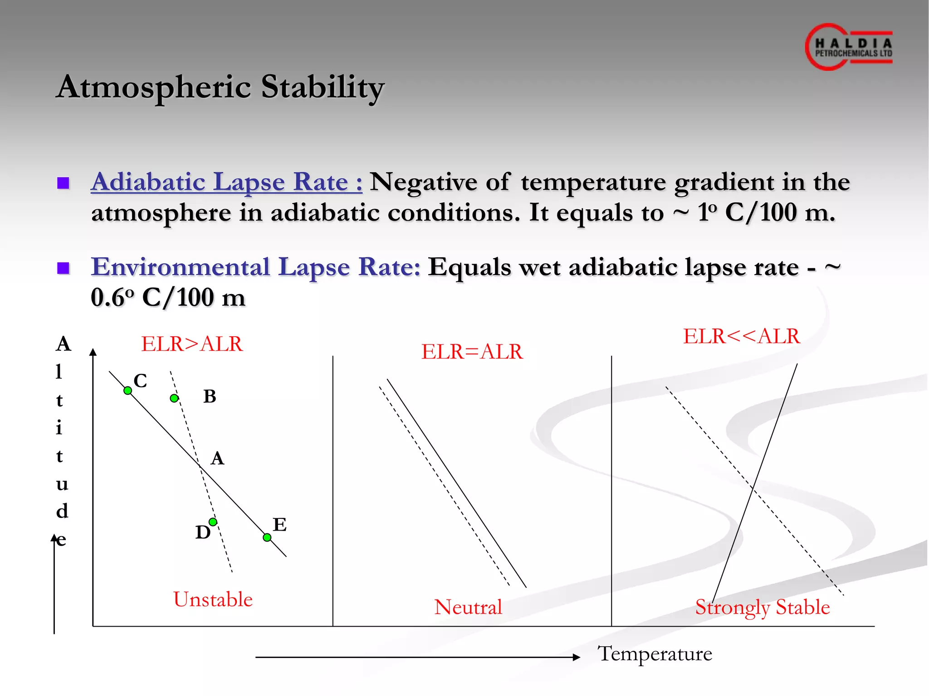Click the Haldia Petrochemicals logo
[849, 47]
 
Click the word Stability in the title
[322, 87]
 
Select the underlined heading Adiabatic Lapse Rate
[226, 182]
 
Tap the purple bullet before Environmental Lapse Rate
[63, 268]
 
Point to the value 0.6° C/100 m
[168, 298]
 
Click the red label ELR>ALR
[192, 344]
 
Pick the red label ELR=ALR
[472, 352]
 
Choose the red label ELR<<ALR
[742, 336]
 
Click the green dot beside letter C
[128, 391]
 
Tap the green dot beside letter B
[174, 398]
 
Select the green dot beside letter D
[213, 522]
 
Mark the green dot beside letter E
[267, 537]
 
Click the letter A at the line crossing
[217, 458]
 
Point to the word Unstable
[213, 599]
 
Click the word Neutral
[468, 607]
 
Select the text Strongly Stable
[763, 607]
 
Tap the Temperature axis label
[655, 654]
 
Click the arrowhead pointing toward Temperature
[577, 657]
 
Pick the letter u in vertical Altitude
[62, 484]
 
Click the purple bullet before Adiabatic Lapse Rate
[63, 183]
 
